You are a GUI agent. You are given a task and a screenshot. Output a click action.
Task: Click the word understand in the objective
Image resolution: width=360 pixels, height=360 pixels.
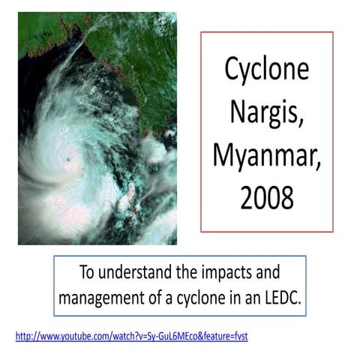[138, 272]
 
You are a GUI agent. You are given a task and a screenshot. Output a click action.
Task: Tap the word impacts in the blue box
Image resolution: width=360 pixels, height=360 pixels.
[217, 272]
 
